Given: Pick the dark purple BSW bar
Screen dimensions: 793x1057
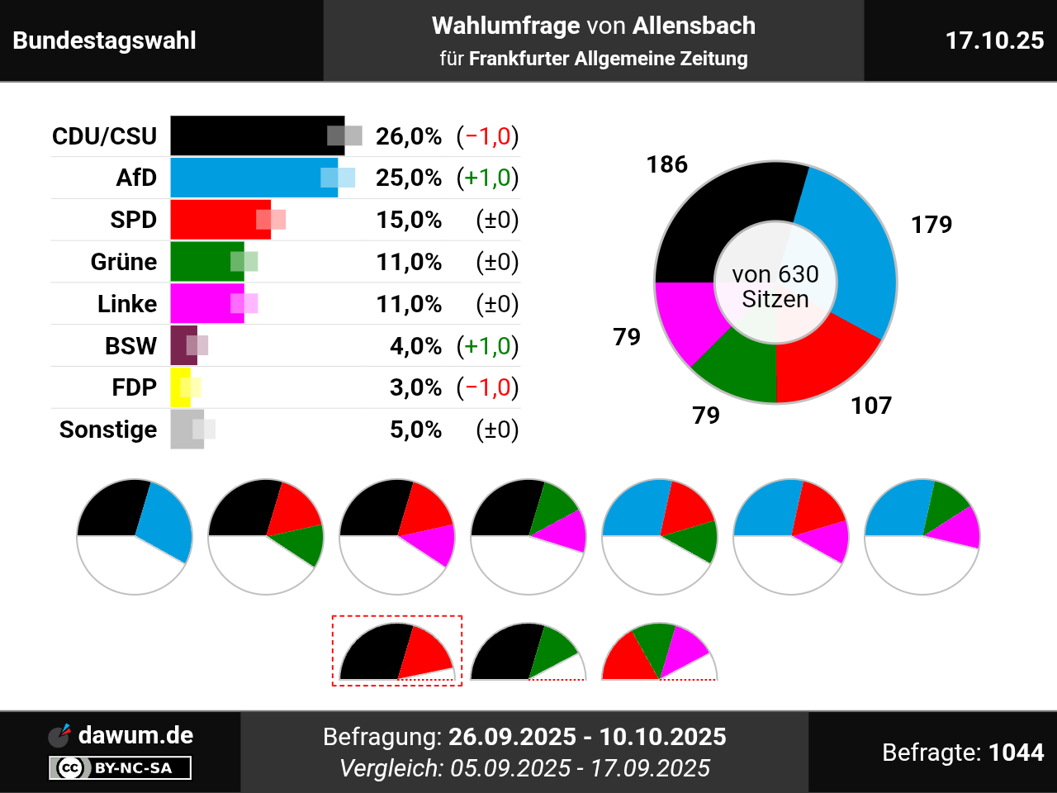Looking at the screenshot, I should tap(181, 345).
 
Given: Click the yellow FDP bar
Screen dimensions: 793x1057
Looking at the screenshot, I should tap(178, 387).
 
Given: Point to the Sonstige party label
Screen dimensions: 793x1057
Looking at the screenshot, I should tap(108, 430).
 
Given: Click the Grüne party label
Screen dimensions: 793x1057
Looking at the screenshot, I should tap(124, 262).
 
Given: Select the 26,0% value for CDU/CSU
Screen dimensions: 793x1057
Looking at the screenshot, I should tap(409, 136).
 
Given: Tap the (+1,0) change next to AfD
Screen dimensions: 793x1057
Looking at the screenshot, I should tap(488, 178).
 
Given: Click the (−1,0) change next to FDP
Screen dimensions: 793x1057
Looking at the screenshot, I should tap(488, 387).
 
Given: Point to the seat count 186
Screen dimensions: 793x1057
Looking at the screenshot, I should tap(667, 164).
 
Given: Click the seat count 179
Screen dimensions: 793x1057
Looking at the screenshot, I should tap(931, 225).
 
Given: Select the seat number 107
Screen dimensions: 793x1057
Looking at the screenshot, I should tap(871, 406).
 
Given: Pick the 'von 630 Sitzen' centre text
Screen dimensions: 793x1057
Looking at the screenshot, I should tap(775, 287).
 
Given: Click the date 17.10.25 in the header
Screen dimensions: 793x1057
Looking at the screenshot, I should tap(994, 40).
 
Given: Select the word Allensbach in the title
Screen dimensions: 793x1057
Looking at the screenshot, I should tap(694, 26).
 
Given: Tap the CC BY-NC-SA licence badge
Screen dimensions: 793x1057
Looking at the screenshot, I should tap(121, 768).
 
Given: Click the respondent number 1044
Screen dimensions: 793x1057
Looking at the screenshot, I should tap(1016, 753).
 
